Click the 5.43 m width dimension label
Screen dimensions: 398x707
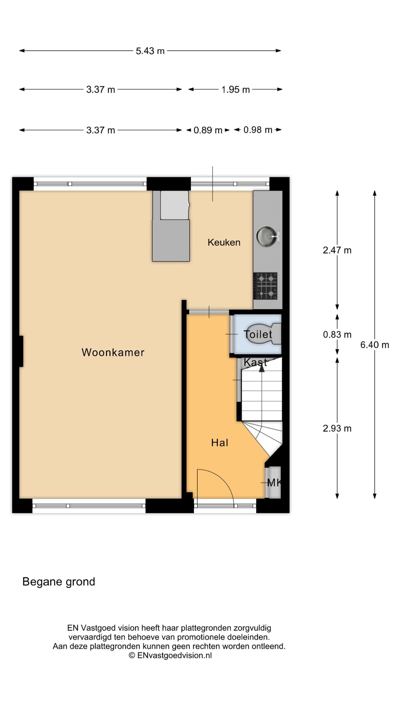(x=150, y=51)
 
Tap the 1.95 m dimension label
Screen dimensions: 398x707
(x=235, y=89)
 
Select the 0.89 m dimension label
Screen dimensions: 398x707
(x=208, y=130)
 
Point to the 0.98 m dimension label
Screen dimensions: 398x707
(x=258, y=130)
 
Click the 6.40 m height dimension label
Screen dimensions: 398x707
(x=375, y=345)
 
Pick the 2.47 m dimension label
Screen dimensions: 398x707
(x=337, y=250)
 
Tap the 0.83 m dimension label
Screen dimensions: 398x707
(x=337, y=335)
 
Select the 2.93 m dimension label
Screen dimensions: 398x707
(x=337, y=428)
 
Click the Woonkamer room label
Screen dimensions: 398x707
(x=113, y=352)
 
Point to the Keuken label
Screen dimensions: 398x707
(x=224, y=242)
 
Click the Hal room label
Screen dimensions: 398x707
(x=219, y=443)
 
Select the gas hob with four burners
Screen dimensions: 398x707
(x=265, y=286)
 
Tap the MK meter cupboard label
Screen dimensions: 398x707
(x=274, y=483)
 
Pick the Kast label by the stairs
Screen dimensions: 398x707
(x=255, y=362)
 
